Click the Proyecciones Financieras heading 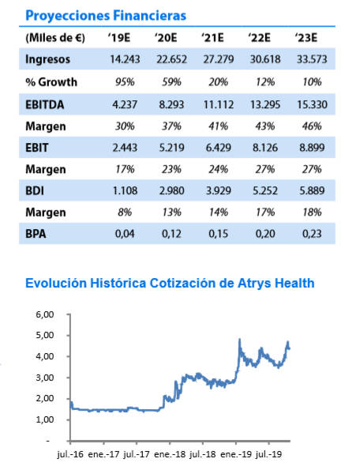point(106,16)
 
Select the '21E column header point(212,38)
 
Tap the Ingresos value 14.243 point(125,59)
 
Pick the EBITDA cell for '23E point(312,104)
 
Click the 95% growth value point(125,82)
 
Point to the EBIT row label point(36,148)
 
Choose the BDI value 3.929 point(219,190)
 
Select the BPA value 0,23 point(312,234)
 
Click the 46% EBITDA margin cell point(312,126)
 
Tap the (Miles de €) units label point(55,38)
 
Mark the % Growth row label point(51,82)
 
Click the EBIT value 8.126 point(265,148)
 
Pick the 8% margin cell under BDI point(125,212)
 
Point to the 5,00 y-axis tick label point(45,335)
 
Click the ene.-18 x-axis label point(170,455)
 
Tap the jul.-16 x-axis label point(71,455)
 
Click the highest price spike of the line point(239,340)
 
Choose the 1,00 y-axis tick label point(45,419)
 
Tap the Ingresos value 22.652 point(171,59)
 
